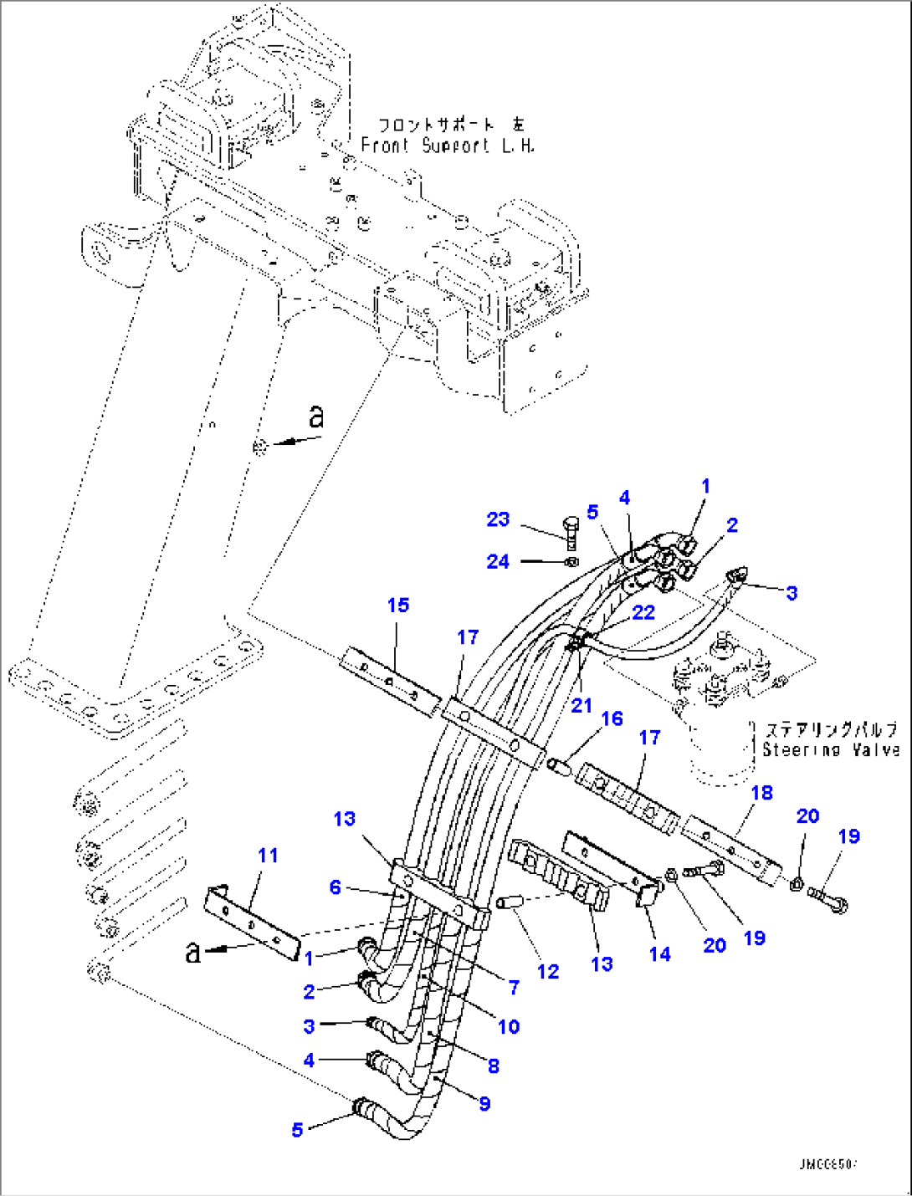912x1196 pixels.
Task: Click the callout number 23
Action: tap(498, 519)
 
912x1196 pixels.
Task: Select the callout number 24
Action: tap(498, 561)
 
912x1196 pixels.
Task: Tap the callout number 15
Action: tap(398, 605)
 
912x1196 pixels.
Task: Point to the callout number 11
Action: tap(268, 856)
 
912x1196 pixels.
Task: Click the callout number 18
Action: tap(761, 792)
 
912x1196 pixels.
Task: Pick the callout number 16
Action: tap(612, 718)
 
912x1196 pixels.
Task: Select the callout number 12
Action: tap(548, 971)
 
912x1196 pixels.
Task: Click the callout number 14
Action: tap(659, 953)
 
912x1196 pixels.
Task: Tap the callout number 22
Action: tap(643, 612)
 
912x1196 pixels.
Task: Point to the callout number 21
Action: tap(582, 705)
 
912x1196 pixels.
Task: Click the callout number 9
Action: tap(484, 1104)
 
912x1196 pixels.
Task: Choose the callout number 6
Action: tap(335, 887)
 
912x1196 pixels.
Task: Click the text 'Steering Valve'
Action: tap(830, 750)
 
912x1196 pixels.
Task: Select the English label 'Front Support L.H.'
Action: tap(448, 146)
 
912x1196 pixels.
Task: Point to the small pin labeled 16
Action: tap(560, 764)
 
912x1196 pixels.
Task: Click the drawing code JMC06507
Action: tap(827, 1163)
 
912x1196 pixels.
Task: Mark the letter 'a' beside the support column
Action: tap(315, 416)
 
